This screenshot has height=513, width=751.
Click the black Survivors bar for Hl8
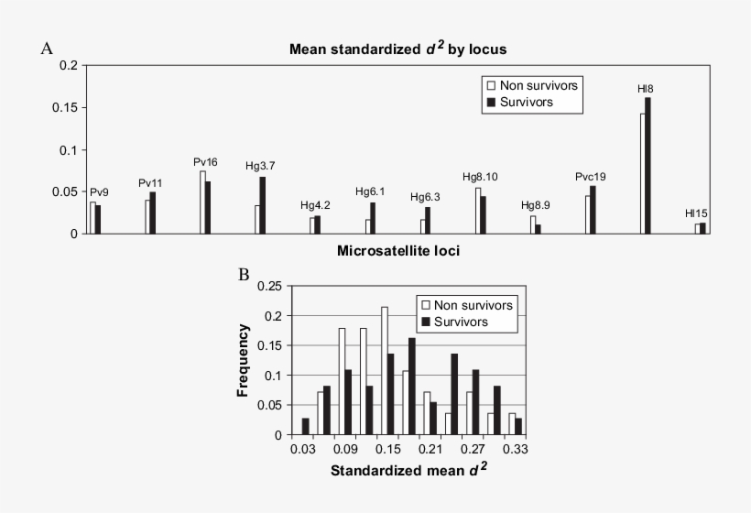pyautogui.click(x=648, y=166)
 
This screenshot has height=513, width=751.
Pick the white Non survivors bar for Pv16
pyautogui.click(x=202, y=202)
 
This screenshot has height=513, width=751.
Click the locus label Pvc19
pyautogui.click(x=591, y=177)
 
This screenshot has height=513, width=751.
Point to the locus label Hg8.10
pyautogui.click(x=480, y=177)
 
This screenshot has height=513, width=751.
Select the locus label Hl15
pyautogui.click(x=696, y=213)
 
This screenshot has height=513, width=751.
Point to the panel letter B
pyautogui.click(x=244, y=274)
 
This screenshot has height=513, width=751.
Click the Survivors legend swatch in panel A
pyautogui.click(x=490, y=102)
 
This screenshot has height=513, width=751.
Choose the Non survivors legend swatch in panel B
pyautogui.click(x=425, y=305)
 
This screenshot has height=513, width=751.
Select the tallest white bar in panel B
pyautogui.click(x=384, y=371)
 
